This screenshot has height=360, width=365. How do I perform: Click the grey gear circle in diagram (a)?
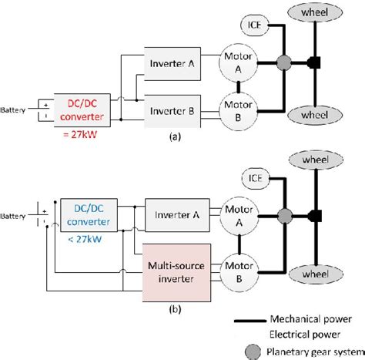tap(283, 82)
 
